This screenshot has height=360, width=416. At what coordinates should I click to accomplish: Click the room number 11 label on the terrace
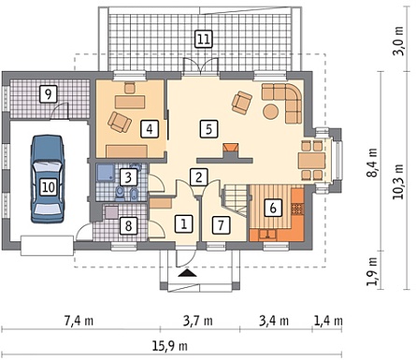(204, 39)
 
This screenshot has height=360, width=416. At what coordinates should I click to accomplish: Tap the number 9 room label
(48, 94)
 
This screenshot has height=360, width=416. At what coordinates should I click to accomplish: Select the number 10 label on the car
(49, 187)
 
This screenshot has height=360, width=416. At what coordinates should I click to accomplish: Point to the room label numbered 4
(150, 129)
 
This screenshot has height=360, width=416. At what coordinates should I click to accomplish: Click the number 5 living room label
(209, 129)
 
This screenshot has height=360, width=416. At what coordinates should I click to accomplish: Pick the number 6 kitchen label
(273, 208)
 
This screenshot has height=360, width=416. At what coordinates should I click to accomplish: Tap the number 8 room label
(129, 225)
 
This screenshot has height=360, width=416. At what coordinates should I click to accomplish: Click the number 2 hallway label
(199, 177)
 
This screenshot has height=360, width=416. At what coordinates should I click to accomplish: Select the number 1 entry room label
(184, 223)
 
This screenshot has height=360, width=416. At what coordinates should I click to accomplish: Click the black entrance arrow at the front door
(188, 273)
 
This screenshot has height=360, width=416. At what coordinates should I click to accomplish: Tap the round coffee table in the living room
(271, 111)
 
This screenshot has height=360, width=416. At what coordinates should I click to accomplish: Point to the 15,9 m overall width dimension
(170, 346)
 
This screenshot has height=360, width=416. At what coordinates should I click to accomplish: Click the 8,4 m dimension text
(372, 163)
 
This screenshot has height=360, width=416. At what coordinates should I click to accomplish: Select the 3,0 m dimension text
(398, 41)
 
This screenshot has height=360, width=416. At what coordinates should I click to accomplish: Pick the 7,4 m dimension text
(79, 321)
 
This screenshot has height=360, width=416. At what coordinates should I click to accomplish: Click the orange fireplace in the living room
(231, 148)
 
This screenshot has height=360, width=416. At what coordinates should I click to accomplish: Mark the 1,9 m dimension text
(372, 271)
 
